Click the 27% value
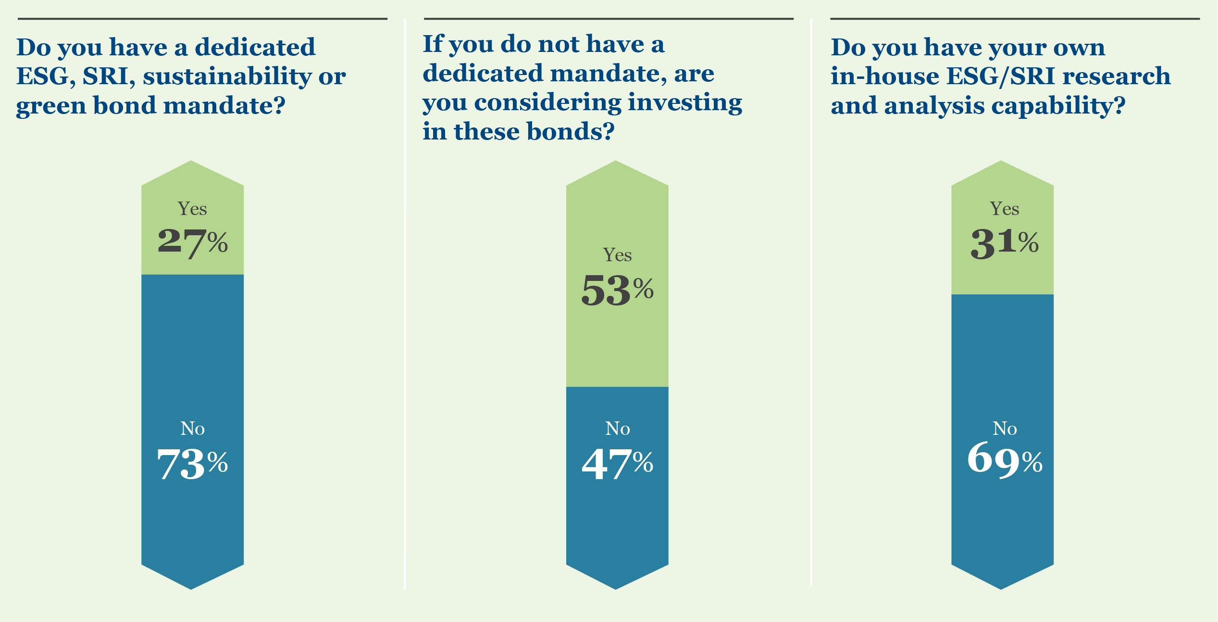(192, 241)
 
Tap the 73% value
(192, 463)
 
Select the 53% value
(617, 290)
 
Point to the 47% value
(617, 463)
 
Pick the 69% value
(1005, 460)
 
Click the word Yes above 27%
(192, 209)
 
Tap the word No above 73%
(192, 428)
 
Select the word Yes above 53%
(617, 255)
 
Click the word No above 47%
(617, 428)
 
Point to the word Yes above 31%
(1005, 209)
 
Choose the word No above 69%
(1005, 428)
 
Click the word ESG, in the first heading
(46, 76)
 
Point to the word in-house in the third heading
(884, 76)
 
